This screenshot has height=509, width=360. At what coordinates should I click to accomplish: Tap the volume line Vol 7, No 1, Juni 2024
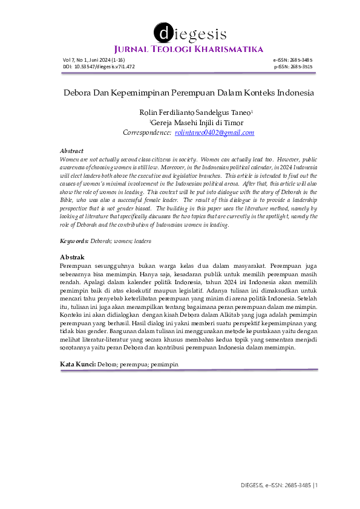(x=93, y=60)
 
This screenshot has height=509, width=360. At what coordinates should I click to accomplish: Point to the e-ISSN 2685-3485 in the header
(x=293, y=60)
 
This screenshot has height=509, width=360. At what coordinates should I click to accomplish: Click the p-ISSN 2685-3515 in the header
(x=293, y=66)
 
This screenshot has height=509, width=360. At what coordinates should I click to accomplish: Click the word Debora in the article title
(x=77, y=94)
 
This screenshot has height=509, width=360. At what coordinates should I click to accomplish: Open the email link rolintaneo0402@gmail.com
(x=214, y=132)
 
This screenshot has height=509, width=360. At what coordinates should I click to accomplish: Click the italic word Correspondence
(x=147, y=132)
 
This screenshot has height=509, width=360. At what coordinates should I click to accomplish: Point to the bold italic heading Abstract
(x=71, y=151)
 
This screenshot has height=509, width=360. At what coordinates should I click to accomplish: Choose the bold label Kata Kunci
(x=77, y=365)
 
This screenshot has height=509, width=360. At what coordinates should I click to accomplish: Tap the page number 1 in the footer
(x=315, y=485)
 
